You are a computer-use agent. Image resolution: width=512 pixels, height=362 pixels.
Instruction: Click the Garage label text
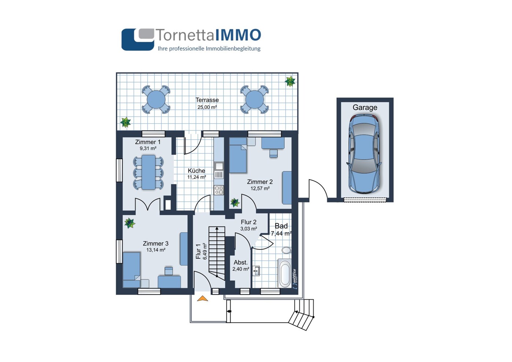pos(365,108)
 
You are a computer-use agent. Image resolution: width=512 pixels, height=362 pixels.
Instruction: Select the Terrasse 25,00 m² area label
pos(207,103)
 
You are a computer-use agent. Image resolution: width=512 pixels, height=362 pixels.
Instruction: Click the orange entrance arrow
pos(202,298)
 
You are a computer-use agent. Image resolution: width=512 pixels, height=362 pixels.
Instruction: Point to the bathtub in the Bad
pos(285,273)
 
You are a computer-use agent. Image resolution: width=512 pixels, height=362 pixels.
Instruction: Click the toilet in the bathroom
pos(287,250)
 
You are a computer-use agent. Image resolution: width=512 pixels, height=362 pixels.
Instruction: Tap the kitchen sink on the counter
pos(219,166)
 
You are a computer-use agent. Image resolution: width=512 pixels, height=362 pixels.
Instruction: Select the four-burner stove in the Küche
pos(219,190)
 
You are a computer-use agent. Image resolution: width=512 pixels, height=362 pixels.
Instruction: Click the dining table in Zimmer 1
pos(149,172)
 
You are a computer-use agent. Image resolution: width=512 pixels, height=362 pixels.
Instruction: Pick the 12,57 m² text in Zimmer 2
pos(260,189)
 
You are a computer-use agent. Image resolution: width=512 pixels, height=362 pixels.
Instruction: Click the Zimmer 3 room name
pos(156,243)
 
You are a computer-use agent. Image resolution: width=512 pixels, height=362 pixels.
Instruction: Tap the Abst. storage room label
pos(241,262)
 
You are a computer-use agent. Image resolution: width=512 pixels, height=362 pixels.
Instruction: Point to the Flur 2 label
pos(249,222)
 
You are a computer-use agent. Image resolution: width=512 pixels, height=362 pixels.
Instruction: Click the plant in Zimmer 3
pos(130,223)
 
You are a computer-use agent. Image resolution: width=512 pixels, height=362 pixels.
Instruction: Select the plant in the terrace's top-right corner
pos(290,81)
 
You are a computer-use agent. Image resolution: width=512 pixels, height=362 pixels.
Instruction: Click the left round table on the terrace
pos(156,100)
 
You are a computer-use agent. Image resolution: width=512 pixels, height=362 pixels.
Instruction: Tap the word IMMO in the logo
pos(238,35)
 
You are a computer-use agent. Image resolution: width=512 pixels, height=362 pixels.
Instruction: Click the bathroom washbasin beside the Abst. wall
pos(256,271)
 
